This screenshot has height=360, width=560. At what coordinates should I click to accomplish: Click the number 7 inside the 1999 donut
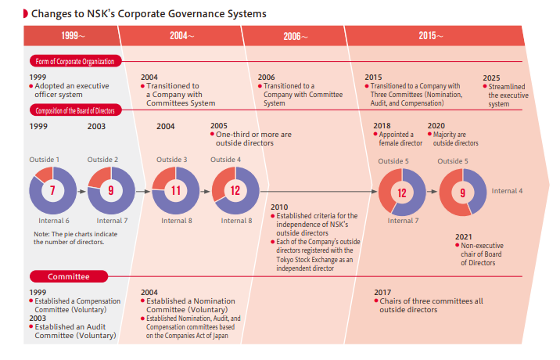click(x=52, y=190)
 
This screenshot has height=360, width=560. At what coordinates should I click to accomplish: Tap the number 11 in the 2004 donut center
click(x=175, y=190)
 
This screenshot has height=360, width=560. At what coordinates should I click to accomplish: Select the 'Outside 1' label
click(x=45, y=160)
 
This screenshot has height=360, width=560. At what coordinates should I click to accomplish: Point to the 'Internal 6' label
click(x=54, y=221)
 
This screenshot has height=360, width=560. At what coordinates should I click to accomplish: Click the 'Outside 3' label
click(x=171, y=160)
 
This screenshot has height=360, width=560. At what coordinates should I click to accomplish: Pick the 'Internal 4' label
click(x=507, y=191)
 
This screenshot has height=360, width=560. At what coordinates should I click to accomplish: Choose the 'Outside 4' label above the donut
click(x=226, y=160)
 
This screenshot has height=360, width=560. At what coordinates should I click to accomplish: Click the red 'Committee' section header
click(x=69, y=276)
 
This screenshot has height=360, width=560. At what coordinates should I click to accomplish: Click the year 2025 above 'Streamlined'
click(x=491, y=77)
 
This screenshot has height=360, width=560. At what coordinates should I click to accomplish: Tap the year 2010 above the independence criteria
click(x=279, y=207)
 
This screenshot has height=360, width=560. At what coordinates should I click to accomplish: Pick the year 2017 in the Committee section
click(x=382, y=293)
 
